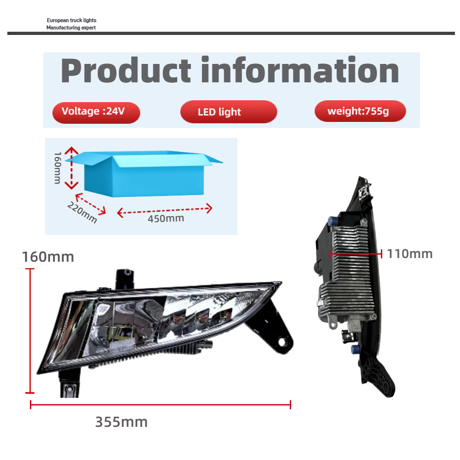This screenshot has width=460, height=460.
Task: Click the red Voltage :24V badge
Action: click(96, 112)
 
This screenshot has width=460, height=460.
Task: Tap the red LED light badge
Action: click(228, 112)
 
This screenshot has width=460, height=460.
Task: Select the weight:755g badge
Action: click(360, 111)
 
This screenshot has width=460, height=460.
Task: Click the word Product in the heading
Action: click(126, 71)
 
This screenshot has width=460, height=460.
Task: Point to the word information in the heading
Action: click(299, 71)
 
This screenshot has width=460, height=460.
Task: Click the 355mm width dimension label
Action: click(121, 421)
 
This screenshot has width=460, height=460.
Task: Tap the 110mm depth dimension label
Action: click(409, 253)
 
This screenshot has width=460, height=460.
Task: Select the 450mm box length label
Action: click(166, 218)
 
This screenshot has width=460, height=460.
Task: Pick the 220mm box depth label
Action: click(82, 213)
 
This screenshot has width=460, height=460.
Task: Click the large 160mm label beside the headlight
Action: click(48, 257)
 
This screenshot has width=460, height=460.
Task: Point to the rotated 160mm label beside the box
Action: click(57, 167)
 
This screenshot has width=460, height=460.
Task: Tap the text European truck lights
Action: click(71, 21)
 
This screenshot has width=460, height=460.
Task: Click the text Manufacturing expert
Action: click(71, 28)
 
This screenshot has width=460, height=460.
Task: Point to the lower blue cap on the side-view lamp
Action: click(355, 350)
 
